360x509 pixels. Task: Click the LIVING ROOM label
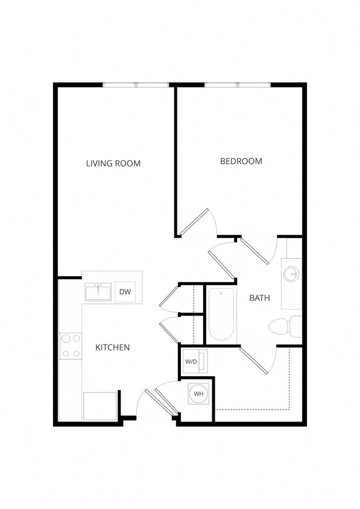pos(113,163)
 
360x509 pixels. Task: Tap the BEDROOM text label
pos(241,161)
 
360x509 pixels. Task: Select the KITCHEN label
pos(113,347)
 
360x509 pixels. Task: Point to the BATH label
pos(259,298)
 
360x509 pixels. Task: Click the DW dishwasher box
pos(125,292)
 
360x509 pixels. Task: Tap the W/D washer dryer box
pos(191,362)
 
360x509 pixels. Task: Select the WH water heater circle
pos(198,394)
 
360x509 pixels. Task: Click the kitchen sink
pos(98,292)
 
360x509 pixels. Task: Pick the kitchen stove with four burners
pos(70,346)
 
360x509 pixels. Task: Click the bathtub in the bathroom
pos(221,314)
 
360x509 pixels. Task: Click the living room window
pos(136,84)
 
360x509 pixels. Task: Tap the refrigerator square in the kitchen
pos(99,406)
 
